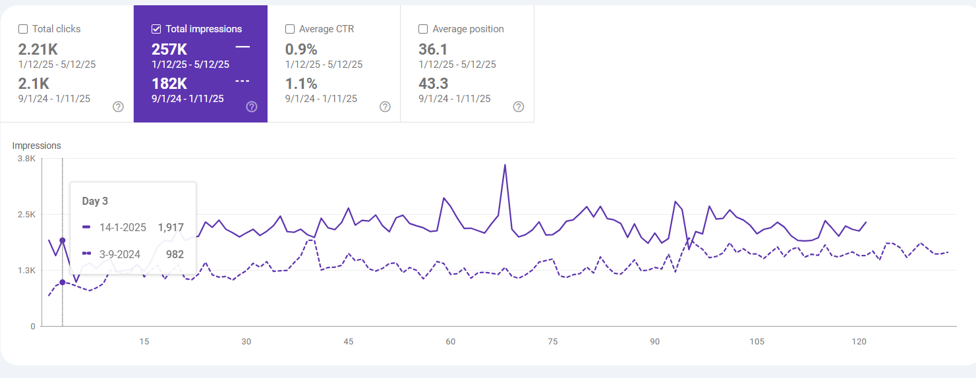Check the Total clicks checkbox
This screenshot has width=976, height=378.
point(23,29)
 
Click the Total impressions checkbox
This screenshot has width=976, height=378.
point(156,29)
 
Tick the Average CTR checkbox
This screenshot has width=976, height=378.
point(290,29)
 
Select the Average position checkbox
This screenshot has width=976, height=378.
point(423,29)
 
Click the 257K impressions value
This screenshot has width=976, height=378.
point(169,49)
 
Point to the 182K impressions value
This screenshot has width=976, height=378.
point(169,84)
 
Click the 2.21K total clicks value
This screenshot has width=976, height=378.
point(38,49)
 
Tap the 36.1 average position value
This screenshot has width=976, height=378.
point(433,49)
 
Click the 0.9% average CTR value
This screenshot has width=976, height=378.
point(301,49)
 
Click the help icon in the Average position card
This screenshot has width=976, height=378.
point(519,107)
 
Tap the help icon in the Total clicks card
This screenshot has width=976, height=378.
point(118,107)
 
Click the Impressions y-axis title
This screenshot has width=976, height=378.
point(37,146)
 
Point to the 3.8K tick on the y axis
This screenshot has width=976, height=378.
point(26,159)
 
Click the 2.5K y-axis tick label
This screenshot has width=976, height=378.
point(26,214)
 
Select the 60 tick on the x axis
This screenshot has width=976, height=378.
point(451,341)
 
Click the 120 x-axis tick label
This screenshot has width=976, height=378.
point(859,341)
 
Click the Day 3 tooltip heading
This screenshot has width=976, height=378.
point(95,202)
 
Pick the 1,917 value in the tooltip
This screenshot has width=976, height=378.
point(171,227)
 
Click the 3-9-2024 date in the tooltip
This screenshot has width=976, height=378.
point(120,254)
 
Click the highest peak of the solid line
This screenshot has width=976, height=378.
point(505,165)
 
